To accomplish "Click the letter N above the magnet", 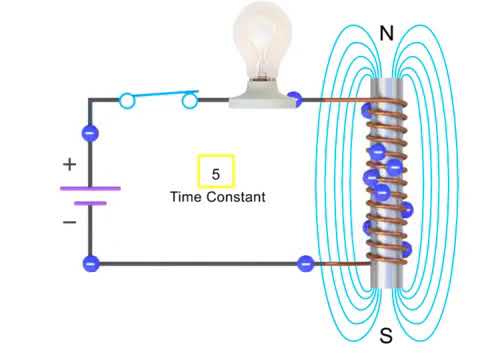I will coord(386,34).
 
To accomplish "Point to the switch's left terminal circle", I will coord(127,100).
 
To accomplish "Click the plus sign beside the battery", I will coord(69,163).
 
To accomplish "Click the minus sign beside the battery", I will coord(69,222).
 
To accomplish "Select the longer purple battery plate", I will coord(90,187).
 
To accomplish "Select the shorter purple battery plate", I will coord(90,203).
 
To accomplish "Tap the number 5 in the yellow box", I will coord(215,173).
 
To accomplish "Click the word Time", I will coord(187,197).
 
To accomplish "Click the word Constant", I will coord(237,197).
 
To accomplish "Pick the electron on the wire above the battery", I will coord(90,132).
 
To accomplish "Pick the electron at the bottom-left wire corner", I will coord(91,264).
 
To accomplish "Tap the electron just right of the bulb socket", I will coord(295,100).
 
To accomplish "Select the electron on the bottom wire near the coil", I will coord(306,264).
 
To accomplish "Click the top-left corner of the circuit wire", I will coord(90,100).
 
